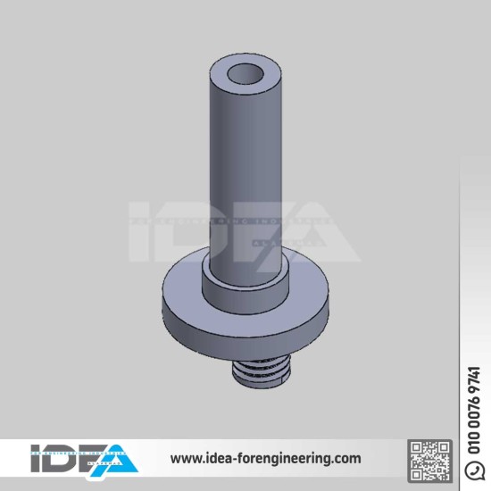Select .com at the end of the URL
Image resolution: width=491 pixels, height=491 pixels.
point(345,459)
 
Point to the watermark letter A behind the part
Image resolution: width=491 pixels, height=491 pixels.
point(321,237)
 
